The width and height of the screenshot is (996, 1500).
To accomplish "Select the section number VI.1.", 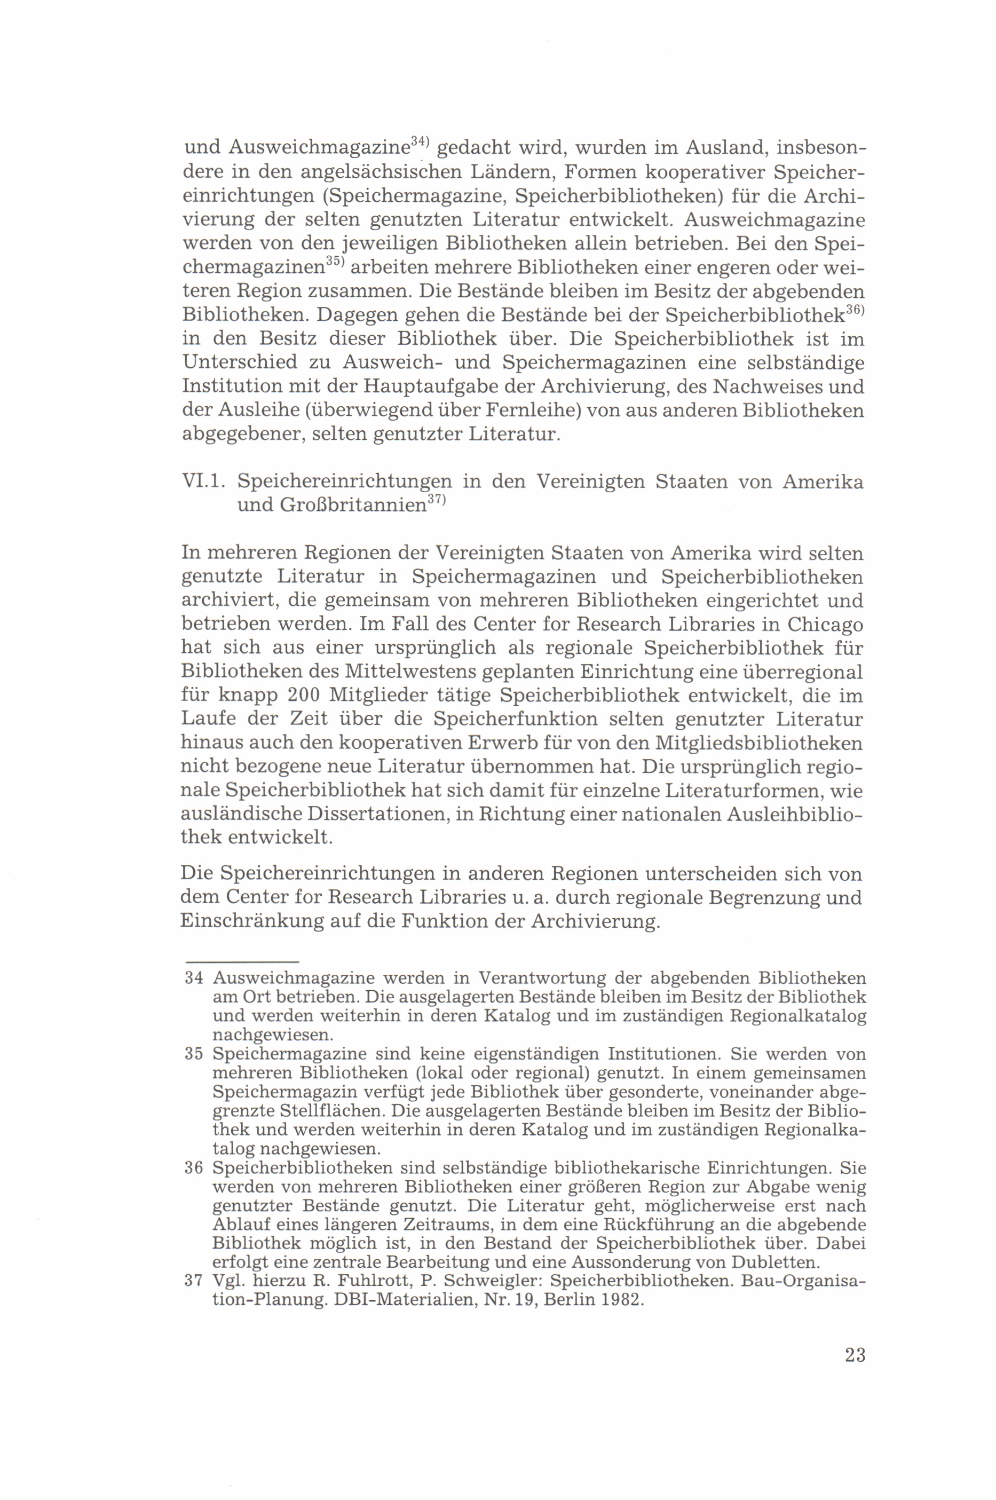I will click(x=203, y=481).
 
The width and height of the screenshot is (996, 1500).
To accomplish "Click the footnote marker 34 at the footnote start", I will click(x=193, y=978).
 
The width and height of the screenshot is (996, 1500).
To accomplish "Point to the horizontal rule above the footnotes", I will click(x=241, y=962).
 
